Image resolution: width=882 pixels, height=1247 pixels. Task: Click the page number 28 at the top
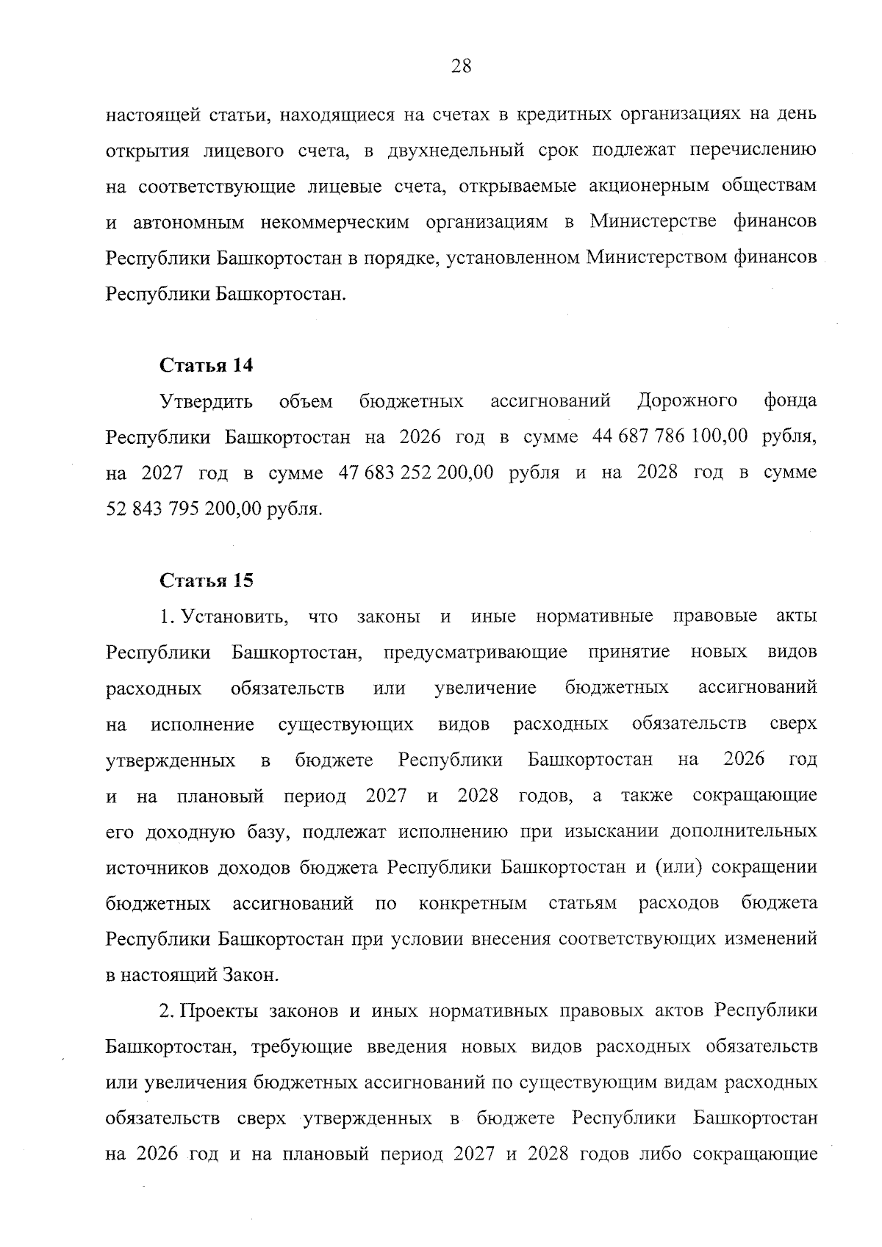click(461, 67)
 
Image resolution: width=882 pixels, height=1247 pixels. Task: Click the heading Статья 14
click(207, 365)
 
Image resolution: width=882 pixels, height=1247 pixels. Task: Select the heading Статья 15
click(207, 581)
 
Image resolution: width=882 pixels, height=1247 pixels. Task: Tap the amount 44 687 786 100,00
click(670, 436)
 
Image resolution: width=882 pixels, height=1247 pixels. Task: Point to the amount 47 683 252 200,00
click(415, 472)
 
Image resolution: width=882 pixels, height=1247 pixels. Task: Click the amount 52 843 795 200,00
click(184, 508)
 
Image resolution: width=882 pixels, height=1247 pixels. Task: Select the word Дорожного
click(687, 400)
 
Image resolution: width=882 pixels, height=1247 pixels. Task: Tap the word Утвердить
click(207, 401)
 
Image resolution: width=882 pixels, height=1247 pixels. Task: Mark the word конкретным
click(473, 903)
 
